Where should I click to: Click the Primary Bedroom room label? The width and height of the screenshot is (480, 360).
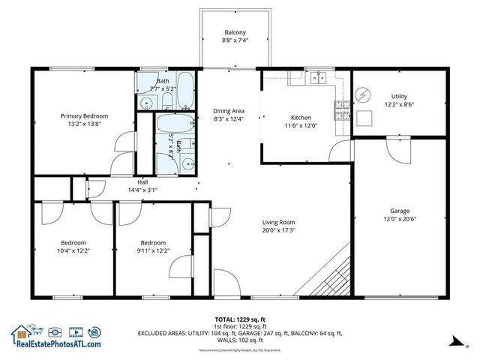click(84, 116)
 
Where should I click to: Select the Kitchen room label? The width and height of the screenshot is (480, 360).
click(301, 118)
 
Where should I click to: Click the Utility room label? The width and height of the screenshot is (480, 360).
click(399, 96)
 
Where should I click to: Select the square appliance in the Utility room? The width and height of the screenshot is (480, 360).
click(365, 118)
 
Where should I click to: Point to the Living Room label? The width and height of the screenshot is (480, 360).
click(277, 223)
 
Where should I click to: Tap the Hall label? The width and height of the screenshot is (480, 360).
click(142, 181)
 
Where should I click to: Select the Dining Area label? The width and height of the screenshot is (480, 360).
click(229, 111)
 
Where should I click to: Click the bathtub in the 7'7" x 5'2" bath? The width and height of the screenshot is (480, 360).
click(185, 89)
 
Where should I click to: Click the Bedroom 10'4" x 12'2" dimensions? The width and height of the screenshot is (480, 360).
click(73, 251)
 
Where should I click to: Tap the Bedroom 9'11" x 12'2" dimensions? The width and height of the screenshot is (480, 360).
click(153, 251)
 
